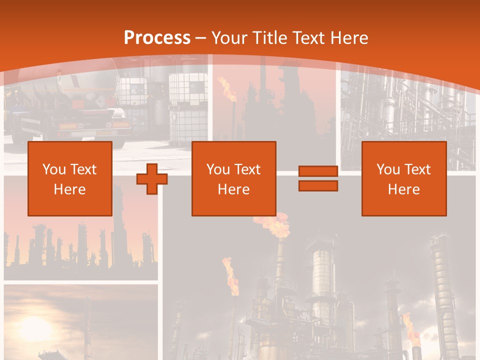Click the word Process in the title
click(157, 37)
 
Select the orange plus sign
click(151, 179)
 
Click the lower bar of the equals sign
click(318, 186)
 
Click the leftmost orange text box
click(70, 178)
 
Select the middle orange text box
click(234, 178)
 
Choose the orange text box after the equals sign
click(404, 178)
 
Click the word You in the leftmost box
click(54, 169)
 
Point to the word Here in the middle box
click(234, 189)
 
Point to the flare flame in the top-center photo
click(228, 89)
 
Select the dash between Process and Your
click(200, 37)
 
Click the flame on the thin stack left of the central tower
click(230, 277)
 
